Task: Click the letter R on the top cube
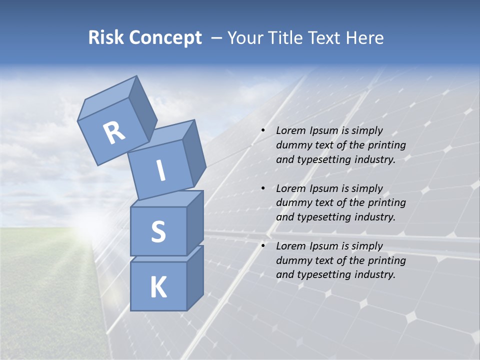[114, 132]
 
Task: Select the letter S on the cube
[158, 231]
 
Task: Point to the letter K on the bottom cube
[158, 287]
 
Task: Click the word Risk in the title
[106, 37]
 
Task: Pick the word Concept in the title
[165, 38]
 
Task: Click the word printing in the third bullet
[386, 260]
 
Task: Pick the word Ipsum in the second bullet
[323, 188]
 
